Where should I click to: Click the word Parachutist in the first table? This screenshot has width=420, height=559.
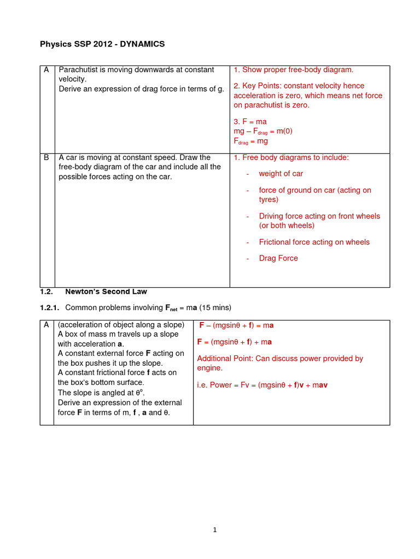point(79,70)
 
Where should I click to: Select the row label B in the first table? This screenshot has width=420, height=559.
point(46,158)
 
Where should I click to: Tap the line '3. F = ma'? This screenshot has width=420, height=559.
point(250,121)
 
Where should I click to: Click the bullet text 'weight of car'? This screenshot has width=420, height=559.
point(281,174)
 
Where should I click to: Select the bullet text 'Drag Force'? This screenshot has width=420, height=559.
point(278,258)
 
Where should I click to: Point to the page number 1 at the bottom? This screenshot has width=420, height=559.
point(215,530)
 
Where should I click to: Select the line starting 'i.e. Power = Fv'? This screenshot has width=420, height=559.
point(262,385)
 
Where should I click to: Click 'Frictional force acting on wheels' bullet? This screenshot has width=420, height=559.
point(314,242)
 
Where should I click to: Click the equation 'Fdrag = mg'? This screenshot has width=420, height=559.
point(250,141)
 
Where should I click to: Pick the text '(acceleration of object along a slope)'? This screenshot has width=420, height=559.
point(121,325)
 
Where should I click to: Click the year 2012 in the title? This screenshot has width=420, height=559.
point(97,44)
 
